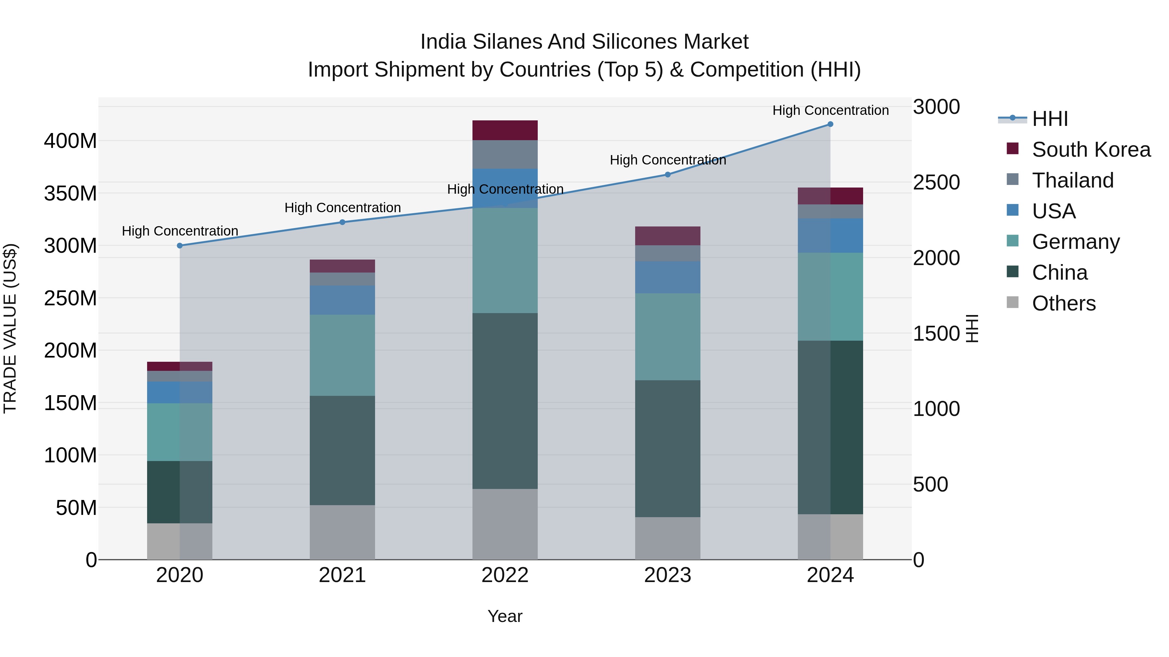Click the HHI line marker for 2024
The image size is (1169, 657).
click(830, 124)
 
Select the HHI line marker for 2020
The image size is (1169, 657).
click(180, 246)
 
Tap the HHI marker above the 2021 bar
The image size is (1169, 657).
click(343, 222)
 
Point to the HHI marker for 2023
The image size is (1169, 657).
click(668, 175)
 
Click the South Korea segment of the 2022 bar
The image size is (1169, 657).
click(505, 130)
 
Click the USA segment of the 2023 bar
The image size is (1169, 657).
click(668, 277)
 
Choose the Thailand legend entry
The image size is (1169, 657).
click(1072, 180)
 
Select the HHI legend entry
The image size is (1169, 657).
click(1050, 119)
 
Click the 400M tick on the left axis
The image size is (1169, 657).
click(70, 141)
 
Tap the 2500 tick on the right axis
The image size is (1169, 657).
click(936, 182)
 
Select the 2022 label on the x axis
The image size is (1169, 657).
click(505, 575)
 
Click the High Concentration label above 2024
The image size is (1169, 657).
click(830, 110)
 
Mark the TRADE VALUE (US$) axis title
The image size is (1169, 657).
click(10, 328)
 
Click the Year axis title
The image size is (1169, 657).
click(505, 616)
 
